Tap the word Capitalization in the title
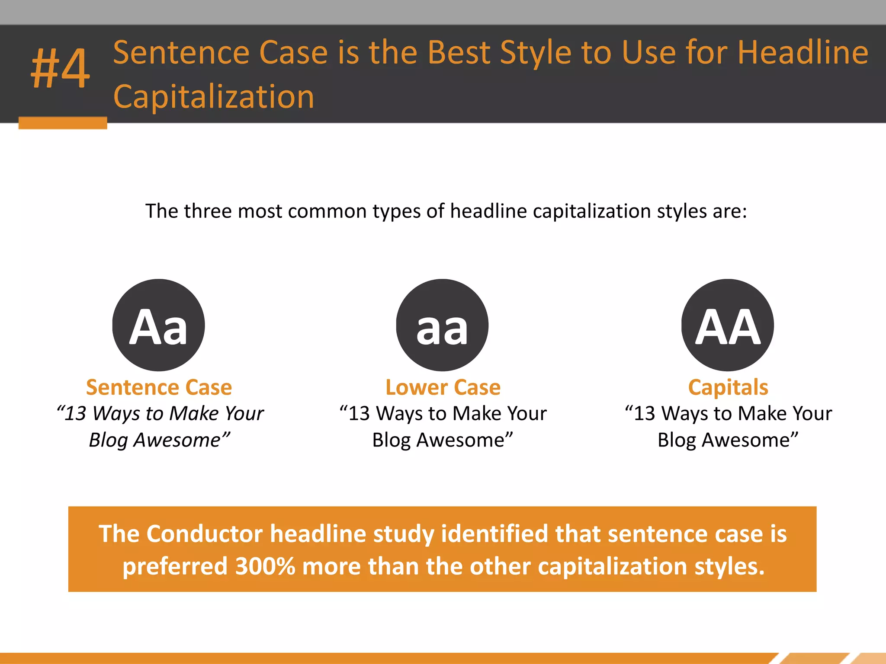tap(214, 97)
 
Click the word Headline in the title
tap(803, 53)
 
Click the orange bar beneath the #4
tap(63, 123)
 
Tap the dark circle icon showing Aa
tap(159, 325)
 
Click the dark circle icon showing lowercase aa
tap(442, 325)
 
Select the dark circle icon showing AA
tap(728, 325)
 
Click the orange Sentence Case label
tap(159, 387)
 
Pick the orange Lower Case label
tap(443, 387)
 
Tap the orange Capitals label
tap(728, 387)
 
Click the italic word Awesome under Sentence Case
tap(177, 441)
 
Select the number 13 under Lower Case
tap(359, 414)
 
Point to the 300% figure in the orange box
tap(265, 566)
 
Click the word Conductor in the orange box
tap(204, 534)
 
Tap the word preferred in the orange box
tap(175, 566)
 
